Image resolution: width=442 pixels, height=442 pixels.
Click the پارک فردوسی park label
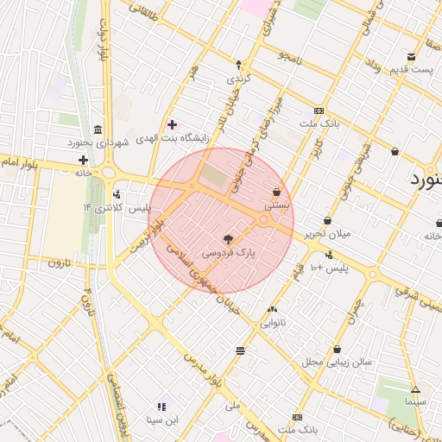[x=229, y=254]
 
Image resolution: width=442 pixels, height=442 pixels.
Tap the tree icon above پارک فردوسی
[x=228, y=239]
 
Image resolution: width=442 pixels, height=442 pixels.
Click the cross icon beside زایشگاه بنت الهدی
[x=172, y=125]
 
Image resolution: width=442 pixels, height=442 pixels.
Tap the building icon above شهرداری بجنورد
[x=97, y=128]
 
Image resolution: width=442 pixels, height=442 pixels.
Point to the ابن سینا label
[x=161, y=420]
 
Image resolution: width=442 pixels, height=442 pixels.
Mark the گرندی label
[x=238, y=78]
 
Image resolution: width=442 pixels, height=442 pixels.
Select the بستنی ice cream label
[x=276, y=206]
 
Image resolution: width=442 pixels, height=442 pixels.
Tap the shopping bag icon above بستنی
[x=276, y=192]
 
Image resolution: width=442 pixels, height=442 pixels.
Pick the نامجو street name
[x=289, y=56]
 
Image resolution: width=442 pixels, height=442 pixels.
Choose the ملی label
[x=232, y=405]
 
